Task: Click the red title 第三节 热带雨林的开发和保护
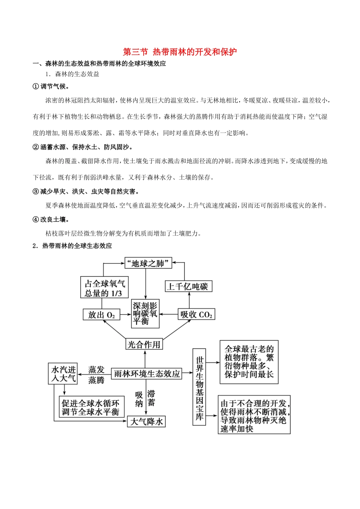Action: click(180, 52)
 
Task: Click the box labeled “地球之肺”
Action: click(148, 263)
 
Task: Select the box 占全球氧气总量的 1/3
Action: click(104, 288)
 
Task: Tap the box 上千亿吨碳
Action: click(188, 286)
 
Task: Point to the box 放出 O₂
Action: click(101, 315)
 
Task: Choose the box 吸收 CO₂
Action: click(196, 314)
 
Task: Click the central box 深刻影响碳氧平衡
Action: click(146, 314)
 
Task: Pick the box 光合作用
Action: click(144, 344)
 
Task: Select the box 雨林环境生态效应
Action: click(147, 373)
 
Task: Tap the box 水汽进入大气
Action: click(63, 373)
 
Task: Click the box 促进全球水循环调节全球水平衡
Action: click(91, 407)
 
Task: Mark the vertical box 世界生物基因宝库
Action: click(199, 387)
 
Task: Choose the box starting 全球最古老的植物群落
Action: click(249, 362)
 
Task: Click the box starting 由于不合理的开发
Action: click(254, 415)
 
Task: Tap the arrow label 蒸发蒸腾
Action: click(96, 375)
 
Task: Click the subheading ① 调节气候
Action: click(51, 86)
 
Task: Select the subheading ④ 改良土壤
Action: click(51, 219)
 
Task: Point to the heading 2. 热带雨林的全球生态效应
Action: click(72, 246)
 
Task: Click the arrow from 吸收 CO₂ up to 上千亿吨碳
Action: click(189, 301)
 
